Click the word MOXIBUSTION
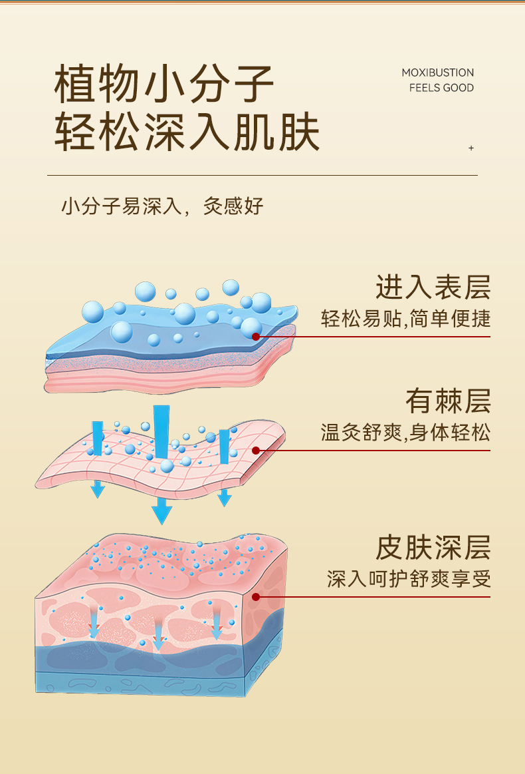click(438, 73)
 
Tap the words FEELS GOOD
click(441, 88)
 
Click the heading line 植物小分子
click(163, 84)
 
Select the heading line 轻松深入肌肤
click(187, 131)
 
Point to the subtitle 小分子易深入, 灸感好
click(162, 206)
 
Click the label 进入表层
click(433, 287)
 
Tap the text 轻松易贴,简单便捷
click(405, 318)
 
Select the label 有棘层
click(448, 401)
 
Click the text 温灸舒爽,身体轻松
click(405, 433)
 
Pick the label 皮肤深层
click(433, 548)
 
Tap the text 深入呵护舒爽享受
click(409, 578)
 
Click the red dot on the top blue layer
click(255, 337)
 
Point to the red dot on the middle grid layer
click(255, 450)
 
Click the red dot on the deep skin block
click(255, 597)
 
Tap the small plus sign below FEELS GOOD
click(471, 148)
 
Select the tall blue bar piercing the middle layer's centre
click(161, 433)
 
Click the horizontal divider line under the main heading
click(262, 175)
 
